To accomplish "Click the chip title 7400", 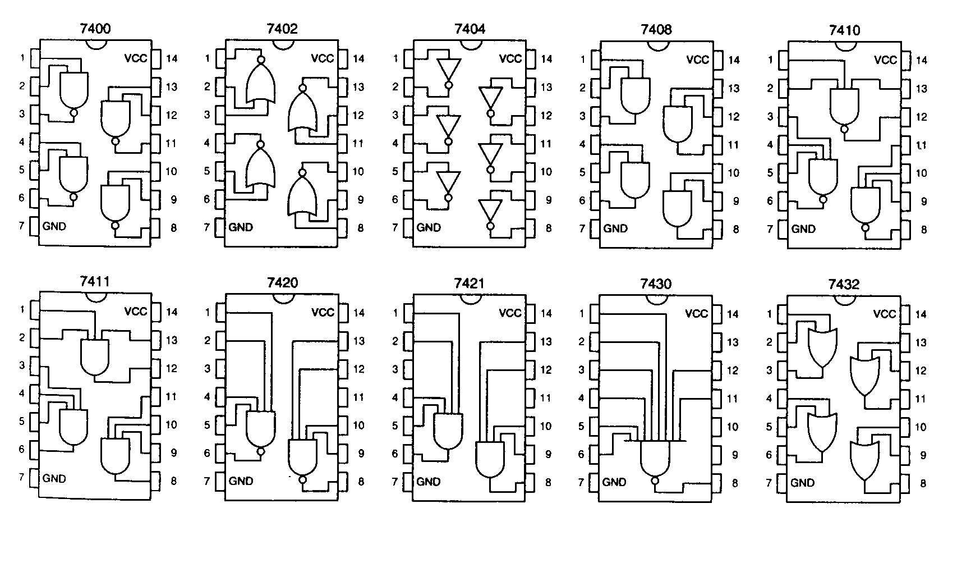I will [95, 28].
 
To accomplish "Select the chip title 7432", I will [844, 284].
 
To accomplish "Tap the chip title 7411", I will [94, 281].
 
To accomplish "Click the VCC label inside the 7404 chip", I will [510, 58].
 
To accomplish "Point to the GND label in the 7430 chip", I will [614, 482].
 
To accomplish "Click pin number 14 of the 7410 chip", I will [921, 60].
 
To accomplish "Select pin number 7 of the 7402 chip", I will [207, 227].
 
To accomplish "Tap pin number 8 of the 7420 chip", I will [361, 481].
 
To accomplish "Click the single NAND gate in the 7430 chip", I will [655, 458].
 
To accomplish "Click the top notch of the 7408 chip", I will [656, 45].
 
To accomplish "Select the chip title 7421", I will [469, 283].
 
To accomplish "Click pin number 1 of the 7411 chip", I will [22, 309].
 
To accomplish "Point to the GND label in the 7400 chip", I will [54, 226].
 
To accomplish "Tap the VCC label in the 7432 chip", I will [884, 314].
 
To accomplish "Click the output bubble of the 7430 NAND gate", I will [655, 481].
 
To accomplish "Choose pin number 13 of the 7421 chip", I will [546, 341].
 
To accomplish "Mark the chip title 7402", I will [282, 28].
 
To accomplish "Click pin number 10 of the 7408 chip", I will [733, 173].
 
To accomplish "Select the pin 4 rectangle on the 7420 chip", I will [221, 397].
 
